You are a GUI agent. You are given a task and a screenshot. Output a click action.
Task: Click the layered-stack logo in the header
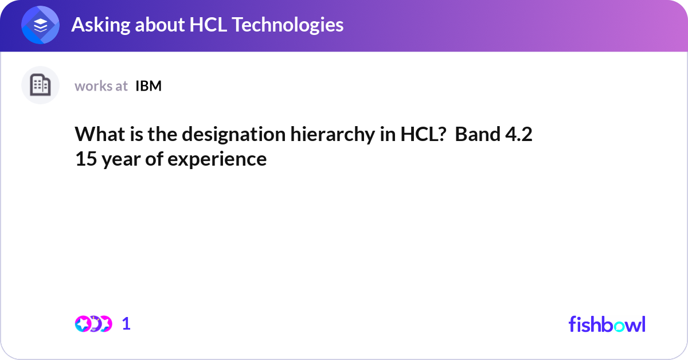pyautogui.click(x=40, y=25)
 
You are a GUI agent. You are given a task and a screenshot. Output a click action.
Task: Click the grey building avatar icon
pyautogui.click(x=40, y=85)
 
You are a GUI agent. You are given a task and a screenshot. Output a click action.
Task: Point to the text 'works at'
pyautogui.click(x=101, y=86)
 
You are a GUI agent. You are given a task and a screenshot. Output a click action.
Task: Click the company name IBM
pyautogui.click(x=148, y=86)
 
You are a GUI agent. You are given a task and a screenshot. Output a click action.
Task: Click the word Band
pyautogui.click(x=475, y=134)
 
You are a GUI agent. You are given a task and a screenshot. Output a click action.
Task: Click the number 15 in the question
pyautogui.click(x=84, y=159)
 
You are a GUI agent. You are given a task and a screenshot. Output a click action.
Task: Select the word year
pyautogui.click(x=119, y=159)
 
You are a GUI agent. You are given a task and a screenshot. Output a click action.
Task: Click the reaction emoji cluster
pyautogui.click(x=93, y=324)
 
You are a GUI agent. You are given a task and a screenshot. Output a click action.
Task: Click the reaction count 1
pyautogui.click(x=126, y=324)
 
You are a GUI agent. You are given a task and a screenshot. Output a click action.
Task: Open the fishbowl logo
pyautogui.click(x=607, y=324)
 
